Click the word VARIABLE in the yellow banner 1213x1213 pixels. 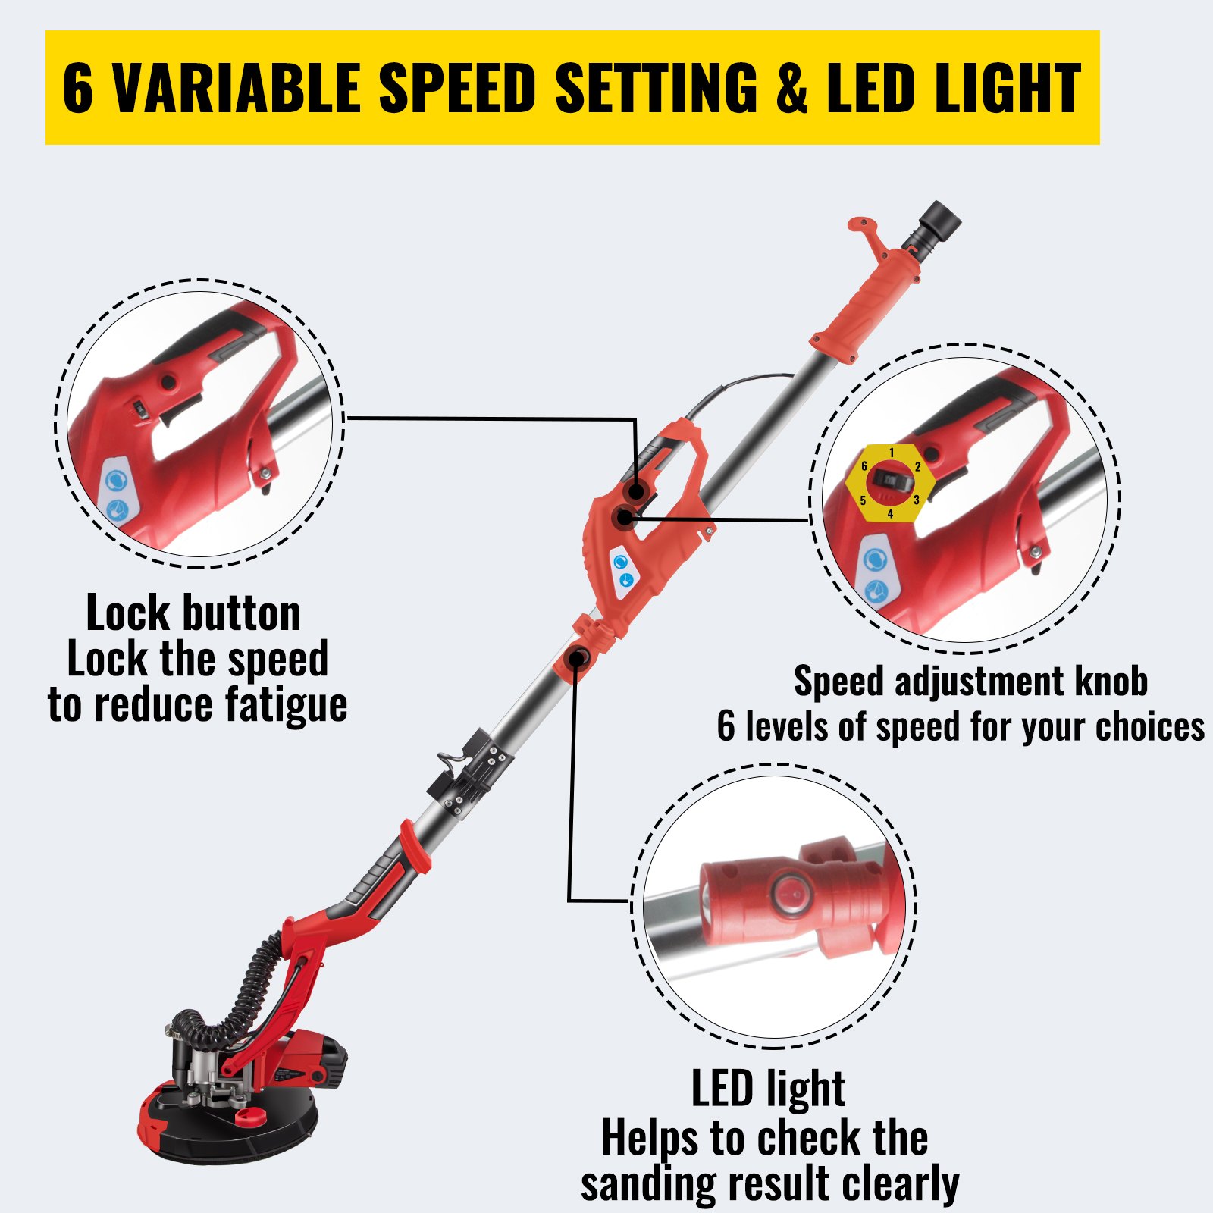[235, 88]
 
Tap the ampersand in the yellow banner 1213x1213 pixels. [792, 88]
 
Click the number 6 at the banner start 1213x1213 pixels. [78, 88]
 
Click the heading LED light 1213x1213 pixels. [768, 1089]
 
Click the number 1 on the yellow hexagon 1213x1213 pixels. [892, 453]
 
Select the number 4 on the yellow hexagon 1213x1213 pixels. [890, 514]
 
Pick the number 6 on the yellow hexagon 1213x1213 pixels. [864, 466]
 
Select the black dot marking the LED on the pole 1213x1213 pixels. [576, 657]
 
